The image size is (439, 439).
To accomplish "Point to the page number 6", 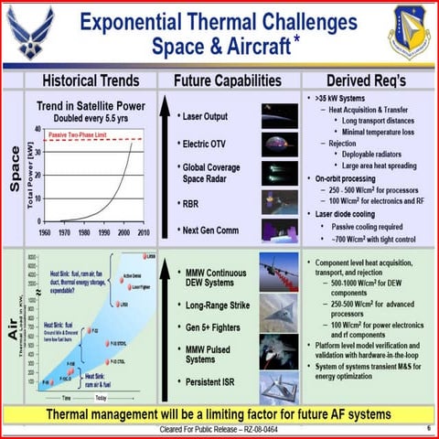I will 428,428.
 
